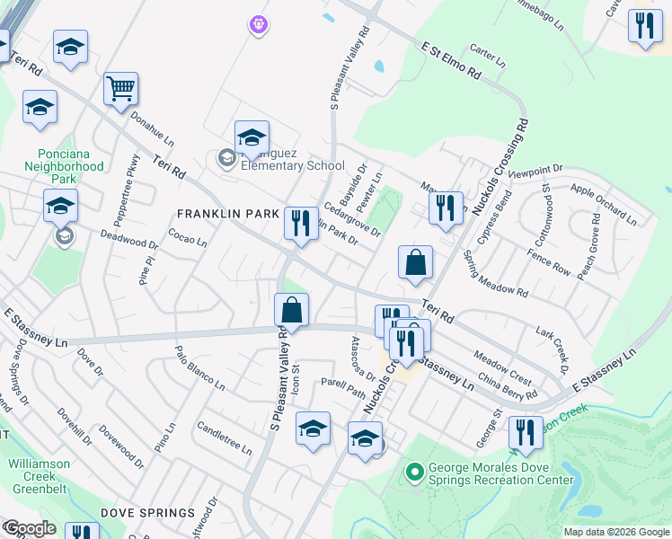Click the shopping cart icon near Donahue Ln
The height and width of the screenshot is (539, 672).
click(x=120, y=89)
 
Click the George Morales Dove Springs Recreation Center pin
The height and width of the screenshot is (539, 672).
click(x=414, y=471)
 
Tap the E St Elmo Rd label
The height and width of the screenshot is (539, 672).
click(x=449, y=61)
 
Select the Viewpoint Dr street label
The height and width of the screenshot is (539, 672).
click(x=535, y=170)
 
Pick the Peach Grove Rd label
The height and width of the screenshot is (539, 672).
click(x=594, y=245)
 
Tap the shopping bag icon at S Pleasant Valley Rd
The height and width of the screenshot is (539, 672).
click(x=291, y=310)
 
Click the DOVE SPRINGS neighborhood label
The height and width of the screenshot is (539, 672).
click(x=147, y=513)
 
